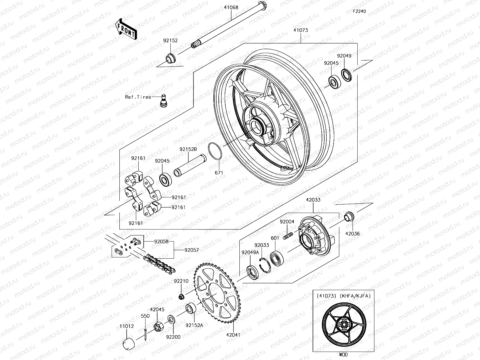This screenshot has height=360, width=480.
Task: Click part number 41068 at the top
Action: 231,7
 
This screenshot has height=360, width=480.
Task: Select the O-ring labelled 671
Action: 215,151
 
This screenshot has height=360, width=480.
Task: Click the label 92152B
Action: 188,149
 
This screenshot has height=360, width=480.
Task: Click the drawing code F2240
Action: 359,11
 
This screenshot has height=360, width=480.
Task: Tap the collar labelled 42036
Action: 349,216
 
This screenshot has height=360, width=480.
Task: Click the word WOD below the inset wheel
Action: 343,355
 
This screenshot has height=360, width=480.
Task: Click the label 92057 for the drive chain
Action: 191,250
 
